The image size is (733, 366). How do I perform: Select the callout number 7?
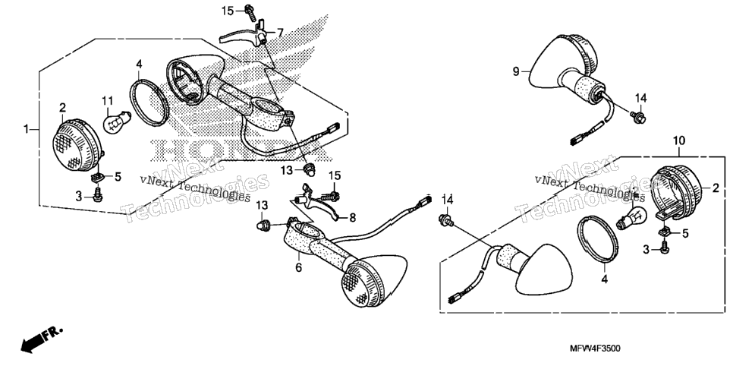tap(280, 33)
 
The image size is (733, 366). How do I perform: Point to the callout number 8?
tap(352, 218)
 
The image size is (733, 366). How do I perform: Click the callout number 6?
tap(299, 268)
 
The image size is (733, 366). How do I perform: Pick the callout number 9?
tap(516, 71)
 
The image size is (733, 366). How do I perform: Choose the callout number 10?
tap(679, 140)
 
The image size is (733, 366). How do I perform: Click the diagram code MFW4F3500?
tap(595, 349)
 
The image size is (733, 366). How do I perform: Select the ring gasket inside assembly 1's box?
tap(149, 101)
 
